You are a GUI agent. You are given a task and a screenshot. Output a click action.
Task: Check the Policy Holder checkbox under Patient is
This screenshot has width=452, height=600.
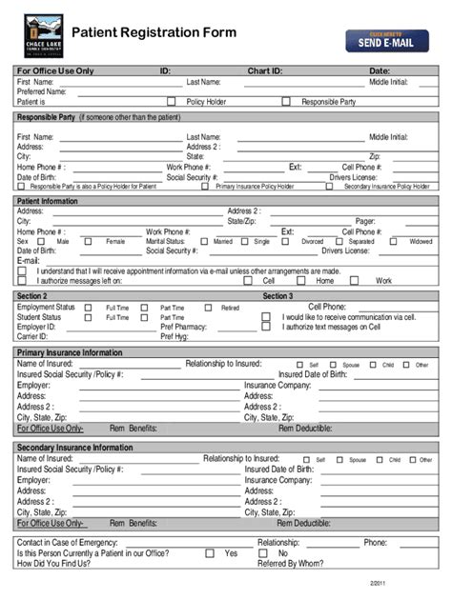pyautogui.click(x=172, y=101)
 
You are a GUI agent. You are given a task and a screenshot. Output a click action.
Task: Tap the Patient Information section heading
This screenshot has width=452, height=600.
pyautogui.click(x=47, y=201)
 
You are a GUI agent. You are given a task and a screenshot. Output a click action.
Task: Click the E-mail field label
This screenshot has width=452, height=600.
pyautogui.click(x=28, y=260)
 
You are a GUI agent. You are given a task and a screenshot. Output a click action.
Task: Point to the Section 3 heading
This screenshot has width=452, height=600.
pyautogui.click(x=278, y=296)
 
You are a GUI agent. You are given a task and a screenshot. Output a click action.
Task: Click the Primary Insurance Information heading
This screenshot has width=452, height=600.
pyautogui.click(x=70, y=352)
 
